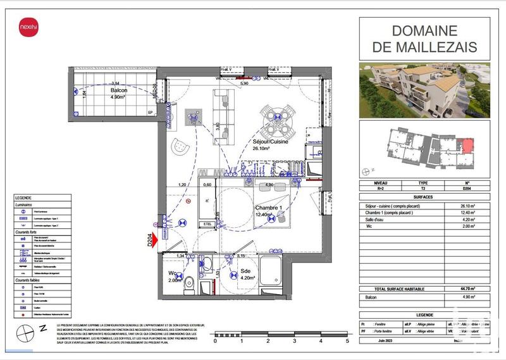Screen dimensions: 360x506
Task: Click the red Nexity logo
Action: [x=27, y=28]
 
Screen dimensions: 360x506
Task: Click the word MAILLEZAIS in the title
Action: [x=425, y=47]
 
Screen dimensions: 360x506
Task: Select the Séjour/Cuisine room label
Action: [x=270, y=142]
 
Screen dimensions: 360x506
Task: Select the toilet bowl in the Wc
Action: [x=188, y=287]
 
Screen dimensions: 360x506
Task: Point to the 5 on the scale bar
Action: [x=347, y=341]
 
